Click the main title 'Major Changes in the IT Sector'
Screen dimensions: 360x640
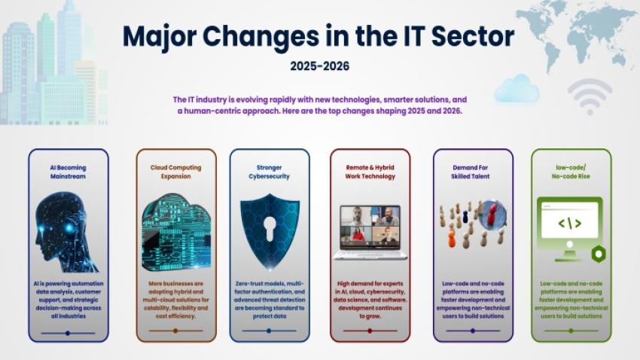(319, 36)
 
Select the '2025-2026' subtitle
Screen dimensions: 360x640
(319, 66)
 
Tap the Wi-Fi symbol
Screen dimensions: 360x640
(590, 96)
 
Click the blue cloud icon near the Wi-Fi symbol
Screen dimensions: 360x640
(517, 90)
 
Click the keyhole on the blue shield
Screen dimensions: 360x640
(270, 227)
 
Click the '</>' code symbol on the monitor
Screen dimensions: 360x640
(568, 223)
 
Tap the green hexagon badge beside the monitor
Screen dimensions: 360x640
(599, 254)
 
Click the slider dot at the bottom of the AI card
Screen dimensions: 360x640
(68, 332)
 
